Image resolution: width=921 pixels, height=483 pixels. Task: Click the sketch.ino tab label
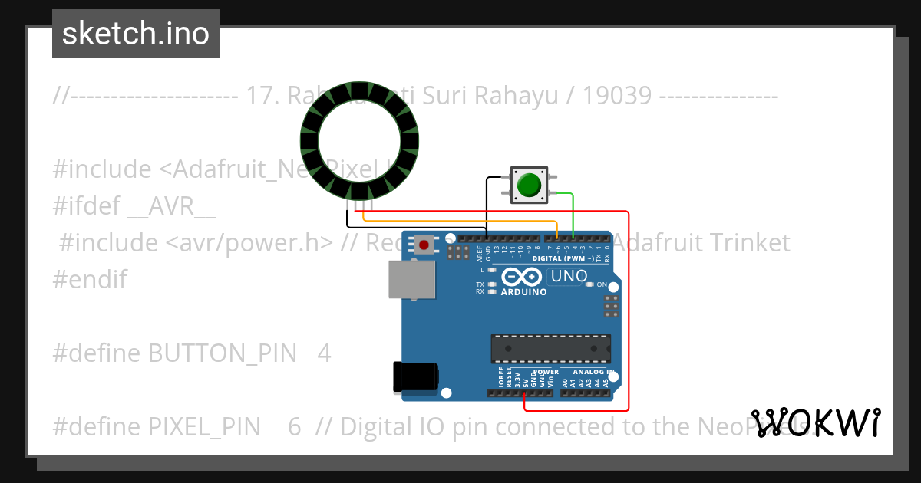coord(136,34)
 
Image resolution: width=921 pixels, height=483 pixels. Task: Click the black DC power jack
coord(414,376)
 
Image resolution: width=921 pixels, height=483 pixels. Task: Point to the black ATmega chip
coord(551,349)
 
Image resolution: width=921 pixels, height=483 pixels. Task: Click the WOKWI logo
coord(815,422)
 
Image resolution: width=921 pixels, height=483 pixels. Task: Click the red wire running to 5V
coord(628,307)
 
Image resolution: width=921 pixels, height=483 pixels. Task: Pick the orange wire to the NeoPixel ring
coord(460,222)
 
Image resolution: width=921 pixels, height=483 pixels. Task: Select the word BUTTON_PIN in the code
coord(222,353)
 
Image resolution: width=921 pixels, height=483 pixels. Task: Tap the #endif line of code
coord(90,279)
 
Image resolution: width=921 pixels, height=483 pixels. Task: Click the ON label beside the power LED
coord(602,284)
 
